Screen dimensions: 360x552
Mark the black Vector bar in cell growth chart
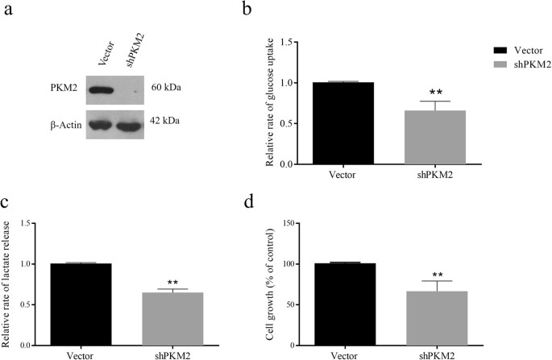point(344,304)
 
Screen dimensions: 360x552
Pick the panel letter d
point(279,194)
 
